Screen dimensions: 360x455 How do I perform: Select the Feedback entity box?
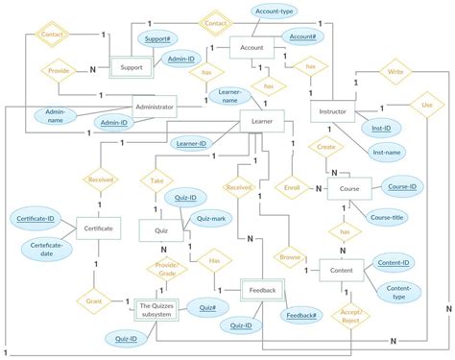point(263,290)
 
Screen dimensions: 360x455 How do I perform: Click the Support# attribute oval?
point(155,37)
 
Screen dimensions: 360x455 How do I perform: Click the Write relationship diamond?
point(395,72)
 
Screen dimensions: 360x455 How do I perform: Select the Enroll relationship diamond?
point(292,188)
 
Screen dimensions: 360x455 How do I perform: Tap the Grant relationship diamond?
point(93,300)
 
